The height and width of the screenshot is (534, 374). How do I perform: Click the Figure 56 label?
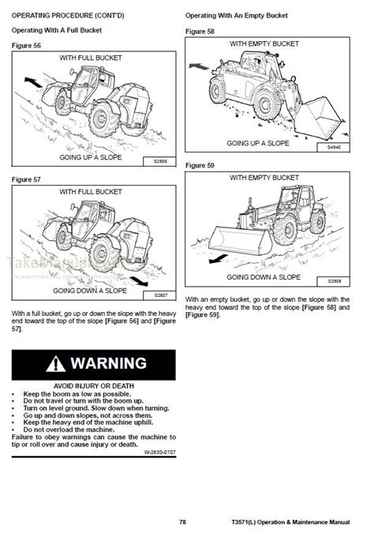(x=27, y=45)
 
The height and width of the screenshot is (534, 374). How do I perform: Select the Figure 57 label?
(x=27, y=179)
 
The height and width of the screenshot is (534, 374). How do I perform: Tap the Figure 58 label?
(x=200, y=30)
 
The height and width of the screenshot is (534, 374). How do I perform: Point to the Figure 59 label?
(x=200, y=165)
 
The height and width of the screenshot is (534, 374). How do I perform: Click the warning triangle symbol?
(x=55, y=364)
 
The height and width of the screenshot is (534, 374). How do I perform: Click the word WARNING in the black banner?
(x=108, y=364)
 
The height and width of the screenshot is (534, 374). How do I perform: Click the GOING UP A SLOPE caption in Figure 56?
(x=94, y=158)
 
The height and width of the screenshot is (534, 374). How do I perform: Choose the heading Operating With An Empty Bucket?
(x=236, y=15)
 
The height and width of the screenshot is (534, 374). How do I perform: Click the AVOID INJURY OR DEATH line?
(x=94, y=385)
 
